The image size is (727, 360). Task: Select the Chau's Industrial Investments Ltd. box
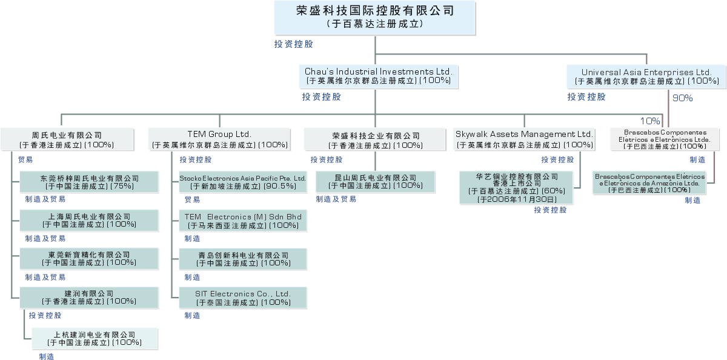point(379,76)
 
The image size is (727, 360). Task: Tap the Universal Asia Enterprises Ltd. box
point(646,76)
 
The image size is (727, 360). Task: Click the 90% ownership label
point(683,98)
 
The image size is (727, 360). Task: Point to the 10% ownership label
point(650,121)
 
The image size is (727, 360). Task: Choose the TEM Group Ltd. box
point(219,139)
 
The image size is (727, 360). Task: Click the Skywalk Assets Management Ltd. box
point(525,139)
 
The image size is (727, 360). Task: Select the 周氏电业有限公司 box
point(67,139)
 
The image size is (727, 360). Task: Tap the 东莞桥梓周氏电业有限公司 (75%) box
point(90,182)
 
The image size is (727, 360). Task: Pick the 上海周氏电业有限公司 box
point(90,221)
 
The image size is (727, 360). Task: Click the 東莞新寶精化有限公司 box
point(90,259)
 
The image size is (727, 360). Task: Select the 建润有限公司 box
point(90,297)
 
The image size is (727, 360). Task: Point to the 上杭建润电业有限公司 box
point(95,338)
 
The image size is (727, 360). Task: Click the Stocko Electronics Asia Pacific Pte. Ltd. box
point(242,182)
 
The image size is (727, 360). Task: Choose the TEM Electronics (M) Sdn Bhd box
point(242,221)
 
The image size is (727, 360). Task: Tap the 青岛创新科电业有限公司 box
point(242,259)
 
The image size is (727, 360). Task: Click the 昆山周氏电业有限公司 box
point(376,181)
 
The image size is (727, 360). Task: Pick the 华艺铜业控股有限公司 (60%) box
point(517,187)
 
